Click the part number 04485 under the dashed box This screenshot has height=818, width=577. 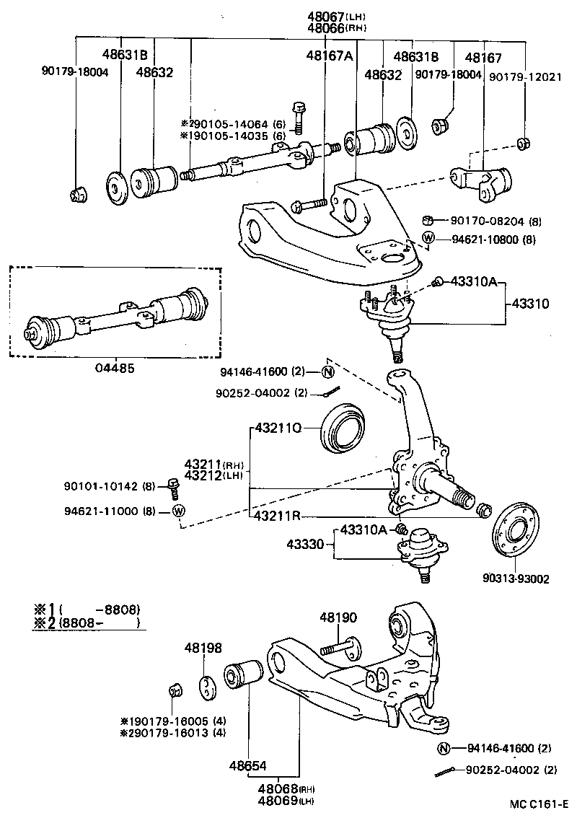[x=114, y=367]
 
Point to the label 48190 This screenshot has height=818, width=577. [x=339, y=618]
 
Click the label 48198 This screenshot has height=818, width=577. [x=202, y=648]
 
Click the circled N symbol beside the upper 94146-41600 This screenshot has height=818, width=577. [x=327, y=372]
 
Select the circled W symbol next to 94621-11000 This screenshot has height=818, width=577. [x=179, y=511]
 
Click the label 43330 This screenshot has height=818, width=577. [x=308, y=544]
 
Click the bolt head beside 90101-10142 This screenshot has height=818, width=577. [x=172, y=484]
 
